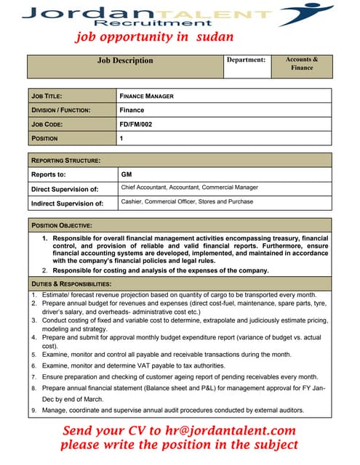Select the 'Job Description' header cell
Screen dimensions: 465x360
click(x=125, y=61)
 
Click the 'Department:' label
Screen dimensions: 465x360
click(x=246, y=60)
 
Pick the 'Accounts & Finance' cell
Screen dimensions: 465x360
click(x=302, y=63)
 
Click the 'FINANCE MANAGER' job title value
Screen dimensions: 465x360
click(x=146, y=96)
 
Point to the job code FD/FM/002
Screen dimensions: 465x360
click(x=136, y=124)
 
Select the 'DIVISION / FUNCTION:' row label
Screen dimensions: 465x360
click(x=61, y=110)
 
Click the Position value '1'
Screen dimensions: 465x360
click(x=121, y=138)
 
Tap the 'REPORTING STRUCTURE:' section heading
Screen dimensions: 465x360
click(x=65, y=160)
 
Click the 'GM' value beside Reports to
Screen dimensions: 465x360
click(x=126, y=174)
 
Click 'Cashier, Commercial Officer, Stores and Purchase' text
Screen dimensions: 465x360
click(x=187, y=202)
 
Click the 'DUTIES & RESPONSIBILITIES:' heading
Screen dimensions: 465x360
click(x=71, y=283)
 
